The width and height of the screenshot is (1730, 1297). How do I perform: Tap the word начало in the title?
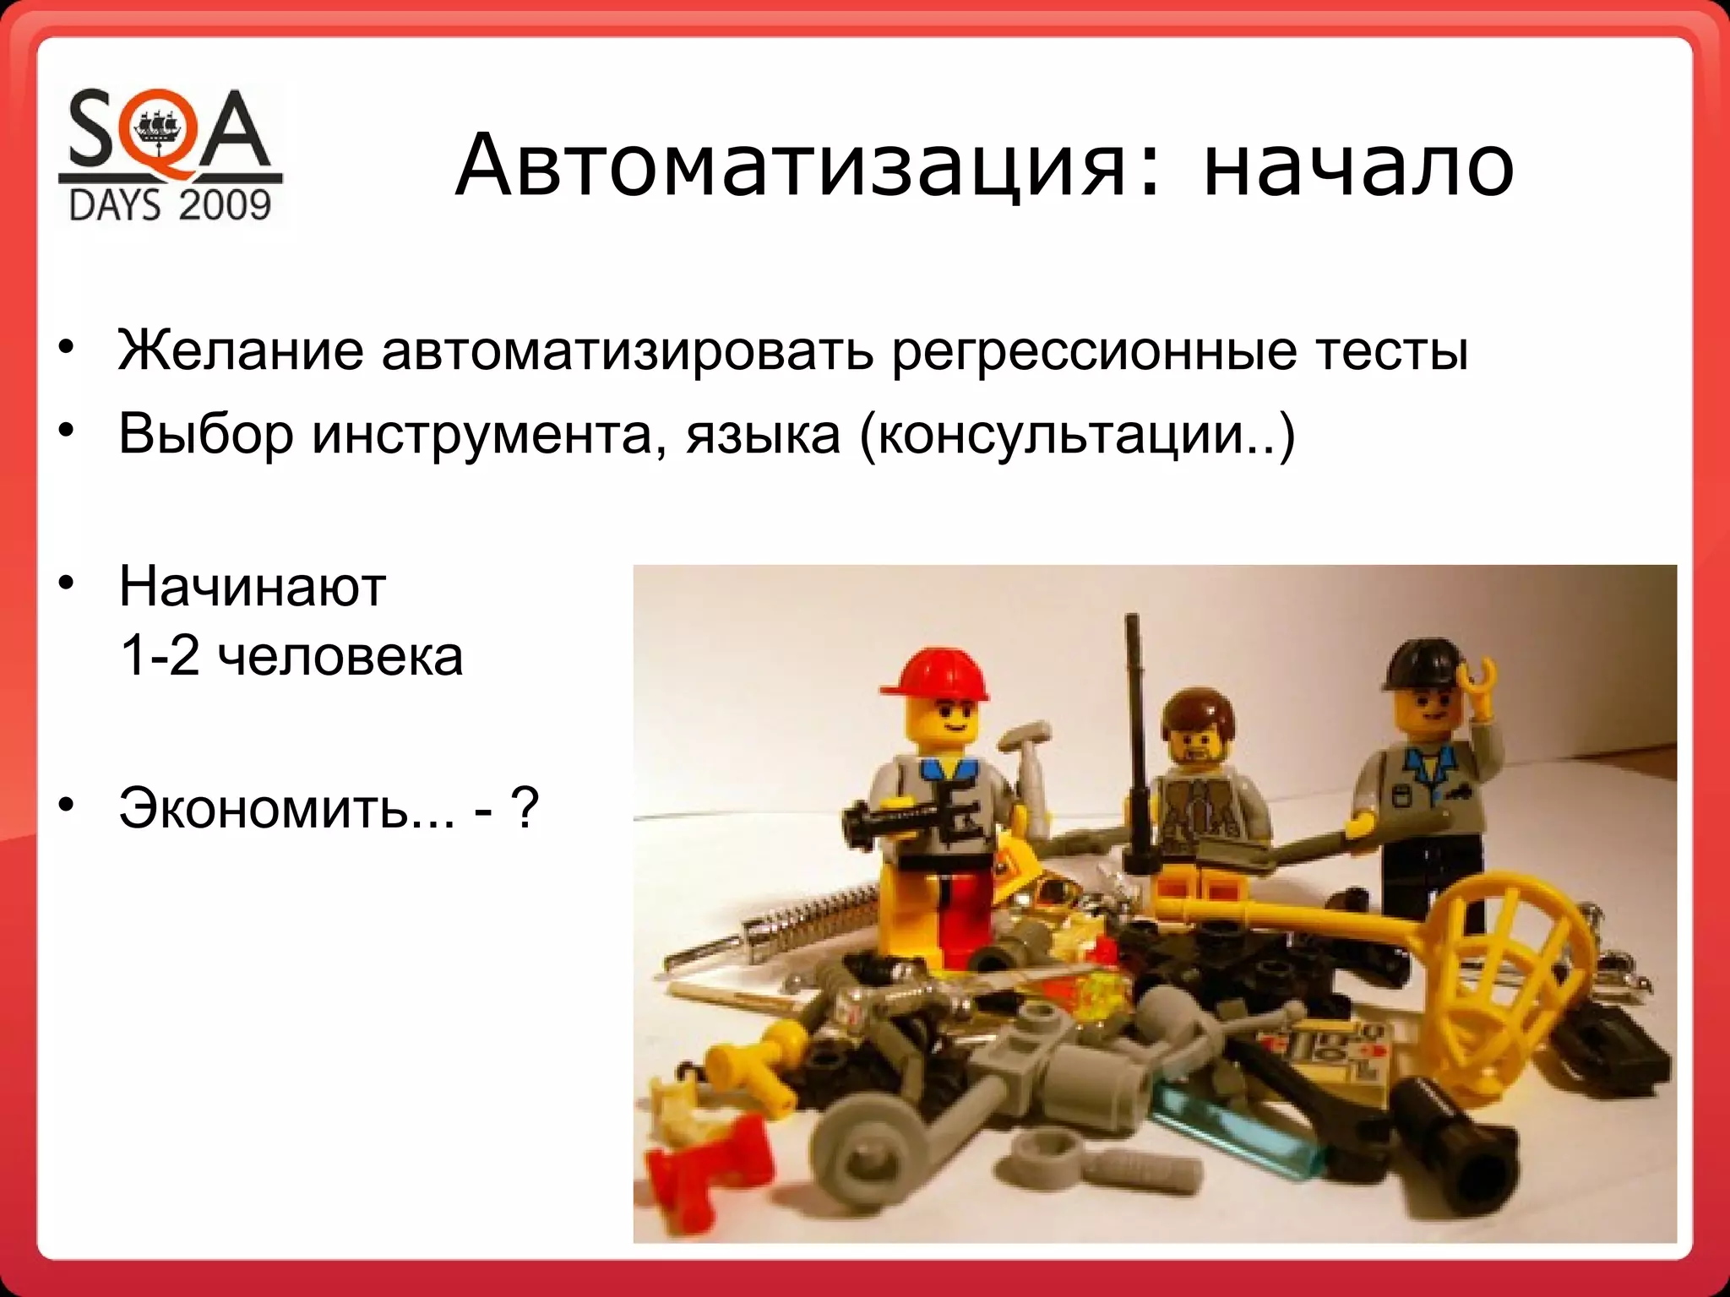[x=1358, y=166]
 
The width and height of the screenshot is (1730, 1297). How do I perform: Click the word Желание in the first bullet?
[x=241, y=350]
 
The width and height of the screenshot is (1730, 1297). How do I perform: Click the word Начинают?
[x=252, y=586]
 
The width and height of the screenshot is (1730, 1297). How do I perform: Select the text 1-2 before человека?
[x=159, y=656]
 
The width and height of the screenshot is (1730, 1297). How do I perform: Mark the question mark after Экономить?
[x=524, y=808]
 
